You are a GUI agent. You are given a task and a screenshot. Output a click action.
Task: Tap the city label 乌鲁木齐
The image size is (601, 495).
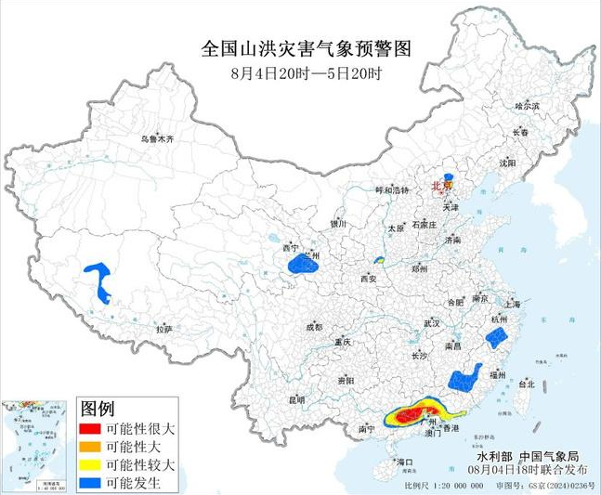pos(157,138)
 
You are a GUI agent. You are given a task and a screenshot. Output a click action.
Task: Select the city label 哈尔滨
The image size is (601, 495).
pos(527,107)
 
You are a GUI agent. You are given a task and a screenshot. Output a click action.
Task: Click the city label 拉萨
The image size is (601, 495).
pos(164,330)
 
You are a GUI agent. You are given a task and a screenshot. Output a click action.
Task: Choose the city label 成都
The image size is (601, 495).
pos(313,327)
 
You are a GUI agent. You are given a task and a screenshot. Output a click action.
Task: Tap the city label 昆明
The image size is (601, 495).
pos(295,399)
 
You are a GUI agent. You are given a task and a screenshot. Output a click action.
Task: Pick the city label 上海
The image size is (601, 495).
pos(510,304)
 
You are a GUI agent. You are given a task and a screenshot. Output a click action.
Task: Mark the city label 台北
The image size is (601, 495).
pos(527,383)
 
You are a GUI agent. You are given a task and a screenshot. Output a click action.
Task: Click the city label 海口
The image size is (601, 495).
pos(404,462)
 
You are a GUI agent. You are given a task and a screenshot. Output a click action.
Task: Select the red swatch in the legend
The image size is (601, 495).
pos(89,430)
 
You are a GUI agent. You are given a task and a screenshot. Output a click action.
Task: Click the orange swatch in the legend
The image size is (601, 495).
pos(89,448)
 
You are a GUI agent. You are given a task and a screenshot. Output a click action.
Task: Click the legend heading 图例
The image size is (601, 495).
pos(98,409)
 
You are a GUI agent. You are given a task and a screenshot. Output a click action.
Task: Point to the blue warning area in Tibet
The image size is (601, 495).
pos(98,280)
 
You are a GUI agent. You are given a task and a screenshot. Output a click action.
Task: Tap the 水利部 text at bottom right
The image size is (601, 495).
pos(493,457)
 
